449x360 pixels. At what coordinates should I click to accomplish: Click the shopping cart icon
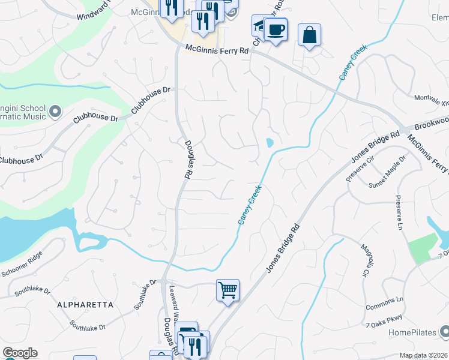[x=228, y=290]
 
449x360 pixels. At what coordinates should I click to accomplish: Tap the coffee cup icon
[x=276, y=29]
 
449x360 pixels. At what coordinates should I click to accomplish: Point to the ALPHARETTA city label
[x=85, y=305]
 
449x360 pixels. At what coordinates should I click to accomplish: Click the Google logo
[x=20, y=353]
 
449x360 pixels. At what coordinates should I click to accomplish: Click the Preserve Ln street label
[x=398, y=212]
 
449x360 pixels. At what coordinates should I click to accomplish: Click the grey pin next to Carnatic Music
[x=55, y=112]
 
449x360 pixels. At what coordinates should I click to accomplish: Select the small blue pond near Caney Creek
[x=270, y=143]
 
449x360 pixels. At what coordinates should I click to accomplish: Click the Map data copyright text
[x=423, y=355]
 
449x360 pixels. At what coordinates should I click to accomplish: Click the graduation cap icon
[x=261, y=25]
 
